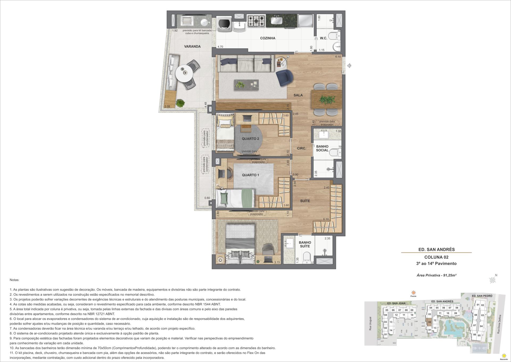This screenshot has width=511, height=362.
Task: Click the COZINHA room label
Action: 267,38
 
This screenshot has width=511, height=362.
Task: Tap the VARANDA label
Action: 192,46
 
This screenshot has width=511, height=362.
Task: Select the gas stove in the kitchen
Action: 257,21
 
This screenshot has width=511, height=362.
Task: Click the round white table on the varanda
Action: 184,74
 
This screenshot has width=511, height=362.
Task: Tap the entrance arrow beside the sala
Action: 349,66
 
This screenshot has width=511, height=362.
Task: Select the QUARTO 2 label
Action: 250,139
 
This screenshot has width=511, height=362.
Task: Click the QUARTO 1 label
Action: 250,175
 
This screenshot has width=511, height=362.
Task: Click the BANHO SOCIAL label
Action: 322,148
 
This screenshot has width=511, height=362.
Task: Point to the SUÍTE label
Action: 305,201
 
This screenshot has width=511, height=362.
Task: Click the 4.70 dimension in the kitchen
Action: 220,47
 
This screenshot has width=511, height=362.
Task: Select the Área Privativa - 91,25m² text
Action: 436,275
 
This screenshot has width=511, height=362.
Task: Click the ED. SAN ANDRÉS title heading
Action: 436,250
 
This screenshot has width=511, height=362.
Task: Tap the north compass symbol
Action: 493,280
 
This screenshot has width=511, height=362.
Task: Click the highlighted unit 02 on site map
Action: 430,322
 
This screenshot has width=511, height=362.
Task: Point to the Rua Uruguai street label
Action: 370,324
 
